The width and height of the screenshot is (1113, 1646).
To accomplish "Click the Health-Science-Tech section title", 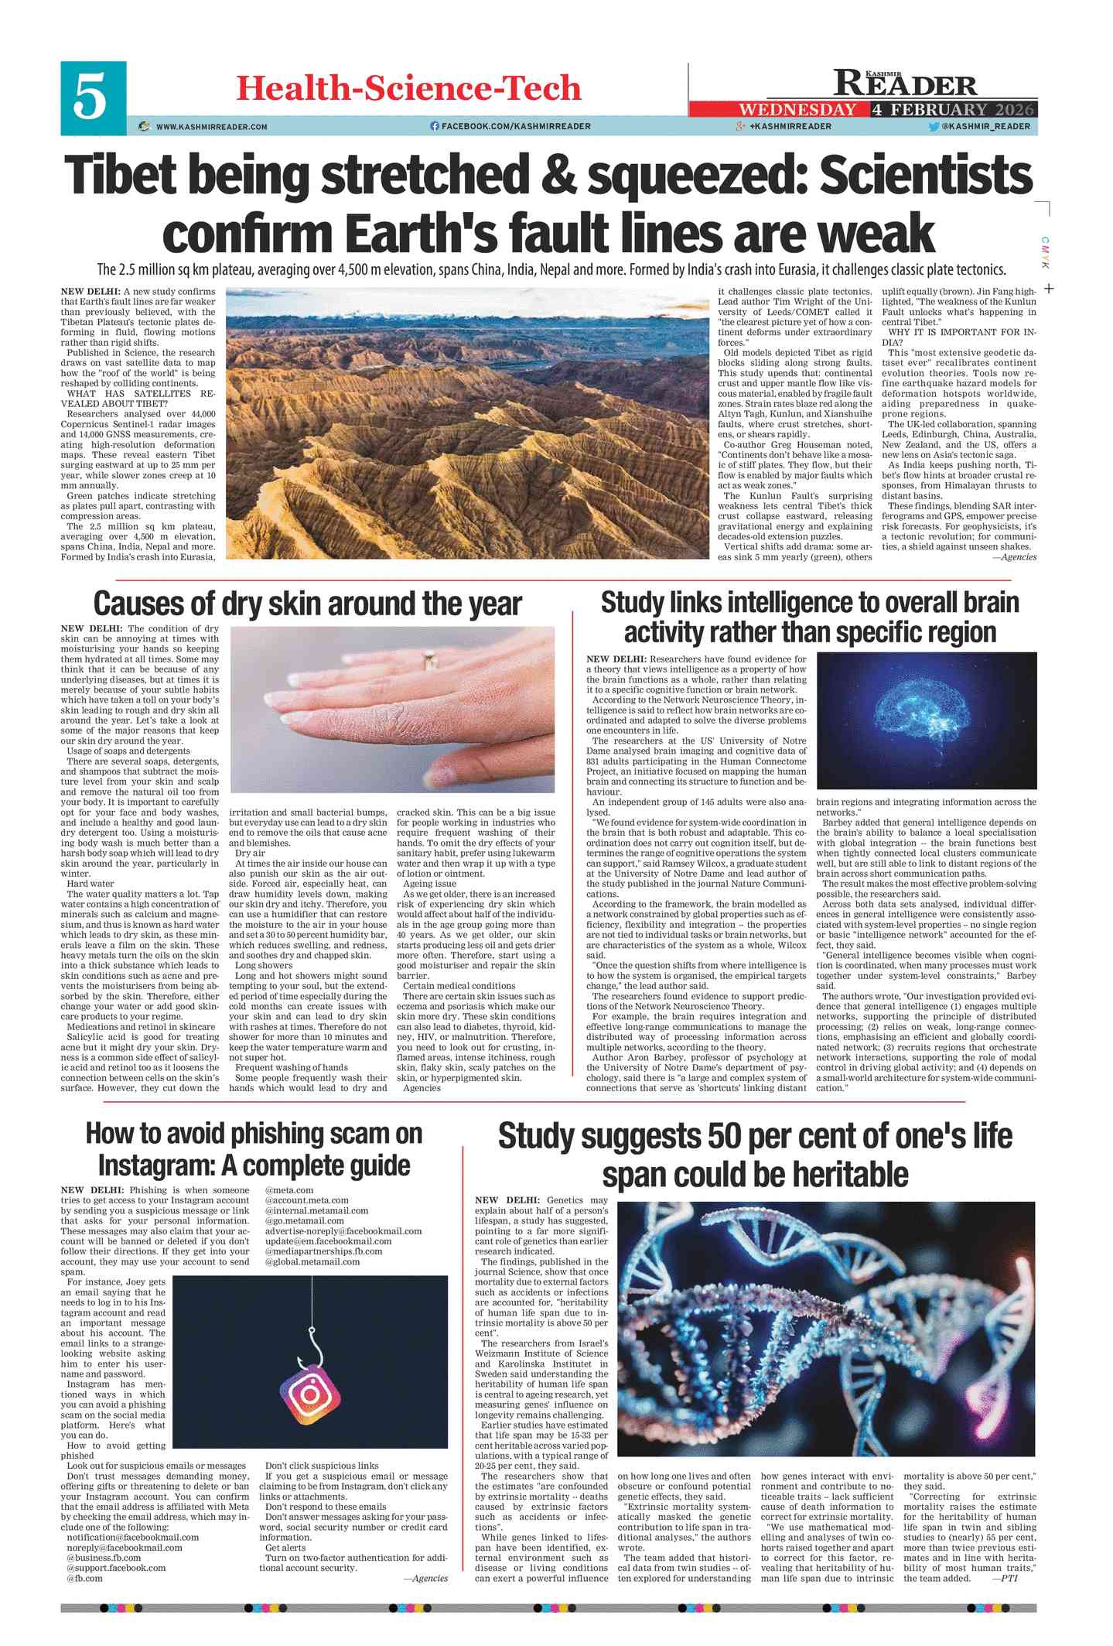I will (x=408, y=88).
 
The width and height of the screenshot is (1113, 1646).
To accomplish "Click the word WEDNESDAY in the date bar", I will (x=797, y=110).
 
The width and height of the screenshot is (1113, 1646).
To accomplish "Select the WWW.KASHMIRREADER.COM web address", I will (x=211, y=127).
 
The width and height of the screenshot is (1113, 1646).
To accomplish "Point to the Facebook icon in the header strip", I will (x=435, y=126).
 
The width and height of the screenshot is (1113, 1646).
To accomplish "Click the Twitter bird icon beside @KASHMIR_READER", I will (x=934, y=126).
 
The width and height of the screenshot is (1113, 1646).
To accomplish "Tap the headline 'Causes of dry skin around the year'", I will (x=307, y=604).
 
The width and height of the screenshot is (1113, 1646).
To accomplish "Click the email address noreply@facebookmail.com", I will (x=125, y=1548).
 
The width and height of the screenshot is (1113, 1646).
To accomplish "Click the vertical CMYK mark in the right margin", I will (x=1044, y=253).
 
